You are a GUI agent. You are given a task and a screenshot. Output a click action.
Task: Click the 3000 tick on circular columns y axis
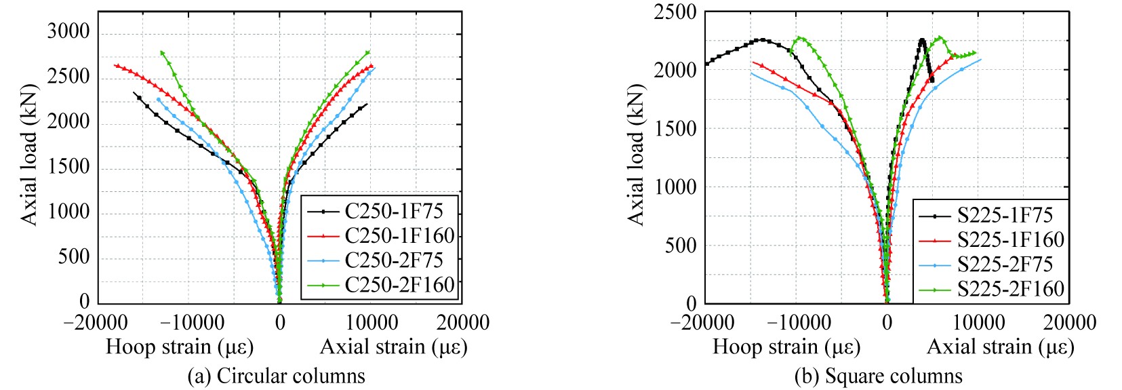tap(68, 32)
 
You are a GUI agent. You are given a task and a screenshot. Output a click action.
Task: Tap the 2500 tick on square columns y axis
tap(675, 12)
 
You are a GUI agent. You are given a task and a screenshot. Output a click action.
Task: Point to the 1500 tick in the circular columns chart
tap(68, 167)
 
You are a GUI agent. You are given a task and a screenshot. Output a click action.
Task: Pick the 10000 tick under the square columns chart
tap(978, 322)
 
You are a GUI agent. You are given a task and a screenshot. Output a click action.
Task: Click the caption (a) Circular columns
tap(276, 376)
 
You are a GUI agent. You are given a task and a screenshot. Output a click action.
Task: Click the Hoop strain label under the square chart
tap(786, 347)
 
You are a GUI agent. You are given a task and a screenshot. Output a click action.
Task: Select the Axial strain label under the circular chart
tap(393, 347)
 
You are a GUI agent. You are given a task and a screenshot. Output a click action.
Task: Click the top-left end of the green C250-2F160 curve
tap(161, 52)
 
